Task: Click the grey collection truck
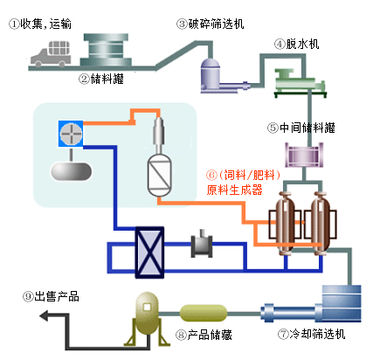(51, 54)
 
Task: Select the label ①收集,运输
(40, 24)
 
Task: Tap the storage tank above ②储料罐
(106, 50)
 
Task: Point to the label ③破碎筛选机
(210, 24)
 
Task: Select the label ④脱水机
(296, 45)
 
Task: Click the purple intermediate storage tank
(304, 155)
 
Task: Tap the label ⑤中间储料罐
(301, 128)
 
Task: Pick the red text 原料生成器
(235, 190)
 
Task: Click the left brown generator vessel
(285, 224)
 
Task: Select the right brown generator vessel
(321, 224)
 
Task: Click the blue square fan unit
(71, 134)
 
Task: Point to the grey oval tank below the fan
(72, 171)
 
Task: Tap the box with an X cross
(149, 253)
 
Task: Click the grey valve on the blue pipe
(202, 246)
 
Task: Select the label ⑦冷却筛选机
(311, 334)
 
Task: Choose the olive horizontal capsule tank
(204, 314)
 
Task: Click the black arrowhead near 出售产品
(44, 315)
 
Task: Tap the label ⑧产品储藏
(204, 335)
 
